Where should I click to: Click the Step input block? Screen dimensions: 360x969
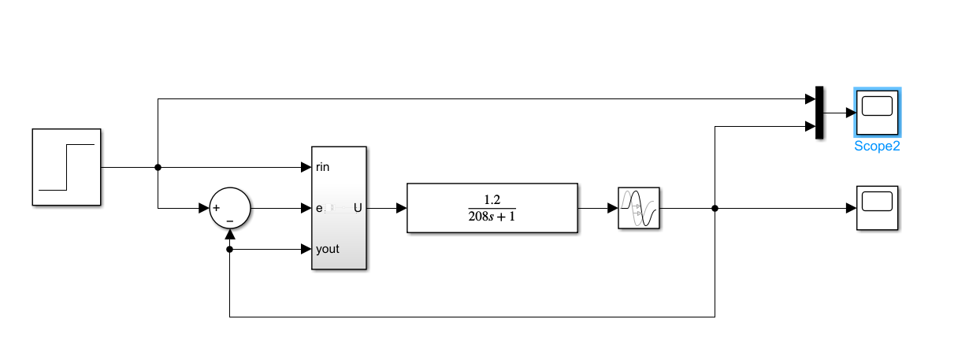[x=66, y=167]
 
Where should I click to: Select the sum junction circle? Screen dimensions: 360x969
[x=229, y=209]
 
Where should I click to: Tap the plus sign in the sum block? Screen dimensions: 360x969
[x=216, y=209]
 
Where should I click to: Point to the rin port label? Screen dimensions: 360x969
[x=322, y=167]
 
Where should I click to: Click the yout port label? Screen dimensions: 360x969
[x=327, y=249]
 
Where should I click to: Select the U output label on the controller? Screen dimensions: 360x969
[x=358, y=208]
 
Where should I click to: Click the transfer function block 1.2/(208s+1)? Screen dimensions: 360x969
[x=492, y=208]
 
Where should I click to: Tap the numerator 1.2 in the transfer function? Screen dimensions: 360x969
[x=492, y=199]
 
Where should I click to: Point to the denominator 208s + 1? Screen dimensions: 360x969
[x=492, y=217]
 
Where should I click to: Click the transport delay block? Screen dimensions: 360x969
[x=638, y=208]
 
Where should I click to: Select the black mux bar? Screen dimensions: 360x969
[x=819, y=113]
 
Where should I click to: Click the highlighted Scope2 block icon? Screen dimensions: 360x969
[x=877, y=113]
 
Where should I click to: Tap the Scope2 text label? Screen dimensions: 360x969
[x=877, y=146]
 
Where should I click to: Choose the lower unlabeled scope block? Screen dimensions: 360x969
[x=877, y=208]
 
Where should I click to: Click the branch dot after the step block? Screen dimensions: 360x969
[x=158, y=167]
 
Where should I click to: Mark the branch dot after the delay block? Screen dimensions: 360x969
[x=715, y=208]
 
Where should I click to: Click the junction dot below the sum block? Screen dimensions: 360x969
[x=229, y=249]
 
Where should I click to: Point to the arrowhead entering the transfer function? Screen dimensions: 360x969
[x=402, y=208]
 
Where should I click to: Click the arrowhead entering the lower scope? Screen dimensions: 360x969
[x=852, y=208]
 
